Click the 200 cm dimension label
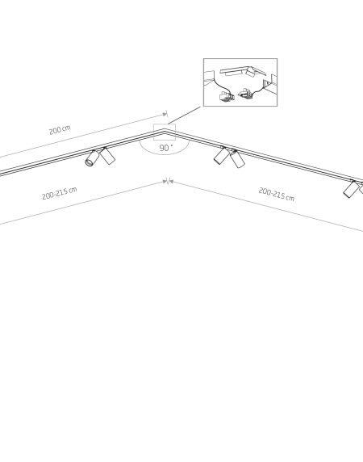coord(60,130)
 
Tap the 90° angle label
coord(165,148)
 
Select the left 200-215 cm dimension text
coord(60,193)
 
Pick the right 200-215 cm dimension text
coord(276,194)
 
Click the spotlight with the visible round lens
coord(92,157)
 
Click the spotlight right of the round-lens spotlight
coord(107,156)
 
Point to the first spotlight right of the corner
coord(221,155)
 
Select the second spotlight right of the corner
coord(237,158)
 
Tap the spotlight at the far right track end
coord(351,189)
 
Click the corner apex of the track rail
coord(165,130)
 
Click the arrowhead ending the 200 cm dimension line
coord(165,114)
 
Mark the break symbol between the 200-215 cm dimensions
coord(168,181)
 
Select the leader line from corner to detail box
coord(184,115)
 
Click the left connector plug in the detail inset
coord(227,96)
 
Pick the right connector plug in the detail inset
coord(245,94)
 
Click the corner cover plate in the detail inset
coord(243,71)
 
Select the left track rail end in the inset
coord(209,78)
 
